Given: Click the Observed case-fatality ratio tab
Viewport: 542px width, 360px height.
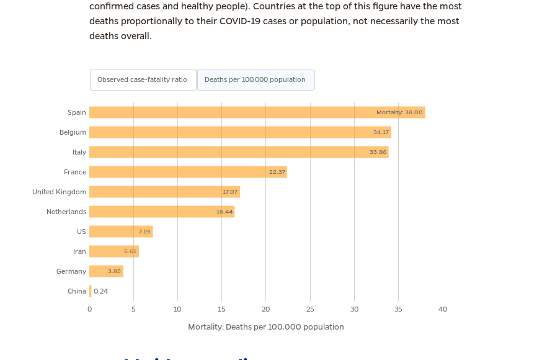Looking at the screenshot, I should pos(143,80).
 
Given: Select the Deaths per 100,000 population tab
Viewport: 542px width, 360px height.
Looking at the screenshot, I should pos(255,80).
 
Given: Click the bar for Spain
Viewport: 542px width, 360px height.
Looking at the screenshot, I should pos(236,112).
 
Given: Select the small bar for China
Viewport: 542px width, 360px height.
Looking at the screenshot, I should pos(91,291).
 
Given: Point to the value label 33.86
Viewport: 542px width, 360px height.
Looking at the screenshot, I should pos(378,152).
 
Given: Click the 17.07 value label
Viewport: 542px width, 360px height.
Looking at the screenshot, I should pos(230,192).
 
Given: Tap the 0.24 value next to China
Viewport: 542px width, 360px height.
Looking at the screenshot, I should pos(101,291).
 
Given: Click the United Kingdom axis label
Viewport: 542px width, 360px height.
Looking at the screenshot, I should pos(60,192).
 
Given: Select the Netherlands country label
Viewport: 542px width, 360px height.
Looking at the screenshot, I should pos(66,212).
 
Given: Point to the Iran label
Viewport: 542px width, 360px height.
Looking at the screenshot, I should pos(79,251).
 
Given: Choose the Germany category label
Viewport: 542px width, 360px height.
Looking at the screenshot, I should pos(71,271).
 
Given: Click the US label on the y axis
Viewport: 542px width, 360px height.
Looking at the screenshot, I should pos(81,232).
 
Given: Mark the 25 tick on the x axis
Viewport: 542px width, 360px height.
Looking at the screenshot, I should pos(310,309).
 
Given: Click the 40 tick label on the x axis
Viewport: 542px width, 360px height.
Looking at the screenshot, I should pos(443,309).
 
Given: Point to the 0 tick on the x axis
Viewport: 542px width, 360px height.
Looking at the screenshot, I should pos(89,309).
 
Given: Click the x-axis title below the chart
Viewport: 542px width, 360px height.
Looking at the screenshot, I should pos(266,327).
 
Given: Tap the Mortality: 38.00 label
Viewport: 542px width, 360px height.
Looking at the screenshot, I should pos(399,112).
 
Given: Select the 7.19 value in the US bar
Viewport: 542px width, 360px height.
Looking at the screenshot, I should pos(144,232).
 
